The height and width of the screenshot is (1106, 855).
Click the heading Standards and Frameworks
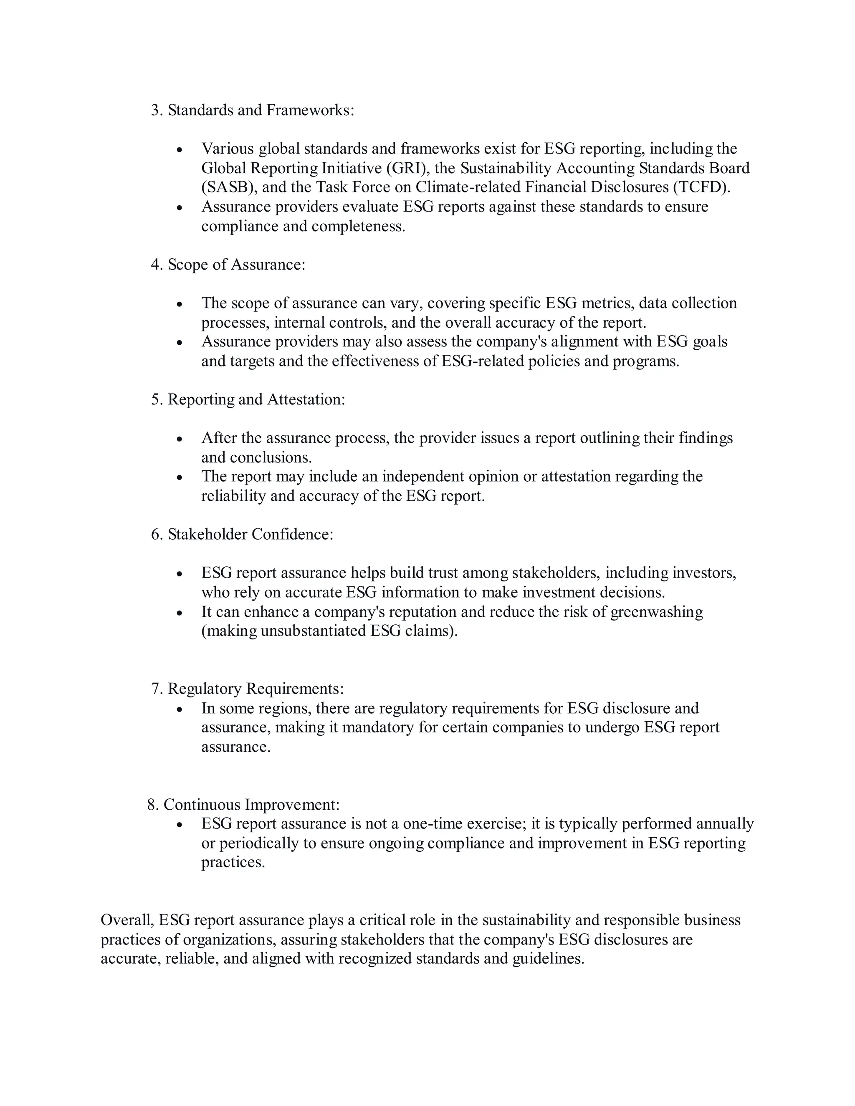coord(261,110)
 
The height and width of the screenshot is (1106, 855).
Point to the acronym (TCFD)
coord(701,187)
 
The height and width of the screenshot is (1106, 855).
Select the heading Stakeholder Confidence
coord(250,534)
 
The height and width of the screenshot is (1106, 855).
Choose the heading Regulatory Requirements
coord(255,688)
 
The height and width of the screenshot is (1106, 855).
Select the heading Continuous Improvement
coord(251,804)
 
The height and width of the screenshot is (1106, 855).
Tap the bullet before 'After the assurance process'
coord(179,439)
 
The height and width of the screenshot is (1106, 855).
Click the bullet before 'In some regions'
coord(179,709)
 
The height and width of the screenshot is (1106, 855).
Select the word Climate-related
coord(468,187)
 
